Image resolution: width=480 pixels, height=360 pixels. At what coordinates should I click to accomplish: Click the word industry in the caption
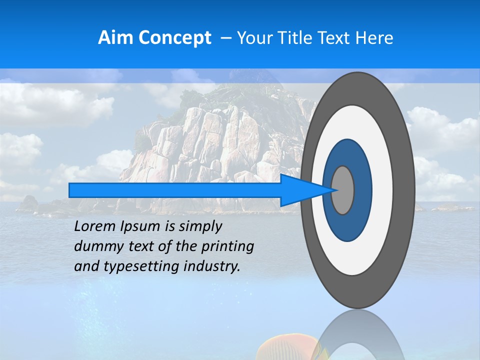212,266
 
